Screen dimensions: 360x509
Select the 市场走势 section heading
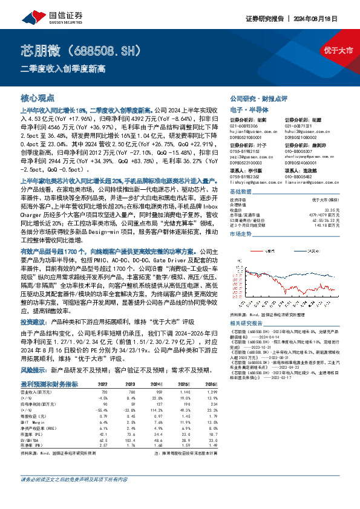point(241,232)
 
